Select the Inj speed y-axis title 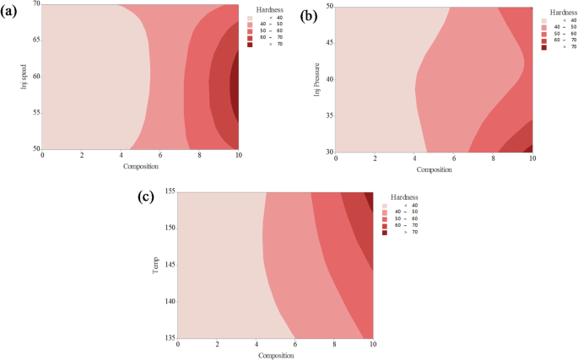point(25,76)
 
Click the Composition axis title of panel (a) point(140,165)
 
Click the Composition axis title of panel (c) point(275,355)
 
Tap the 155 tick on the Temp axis point(170,191)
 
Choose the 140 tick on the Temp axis point(170,301)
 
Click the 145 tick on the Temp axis point(170,265)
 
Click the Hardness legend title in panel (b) point(557,14)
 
